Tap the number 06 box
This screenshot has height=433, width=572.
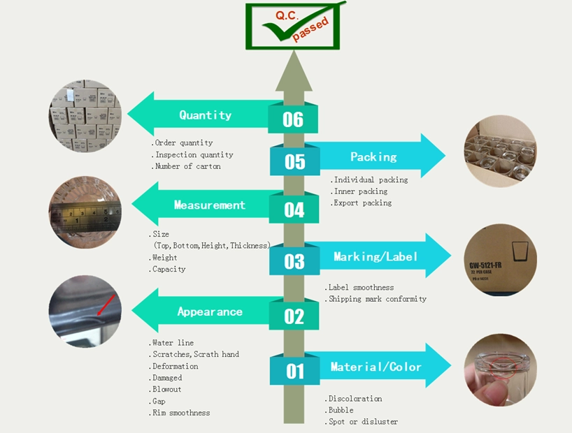(293, 119)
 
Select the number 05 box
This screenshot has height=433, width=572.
(295, 161)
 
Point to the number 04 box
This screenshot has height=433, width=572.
(294, 210)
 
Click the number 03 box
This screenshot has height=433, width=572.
(294, 261)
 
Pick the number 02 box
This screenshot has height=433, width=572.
(294, 316)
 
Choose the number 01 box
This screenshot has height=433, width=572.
(295, 371)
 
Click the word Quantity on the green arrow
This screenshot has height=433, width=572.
(206, 115)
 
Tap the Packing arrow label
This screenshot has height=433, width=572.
(373, 157)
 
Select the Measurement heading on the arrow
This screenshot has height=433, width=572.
(209, 205)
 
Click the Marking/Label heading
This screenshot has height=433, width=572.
(376, 256)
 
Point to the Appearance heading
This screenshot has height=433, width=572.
(210, 311)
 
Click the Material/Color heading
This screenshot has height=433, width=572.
(376, 367)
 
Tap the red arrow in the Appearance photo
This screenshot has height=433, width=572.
(106, 305)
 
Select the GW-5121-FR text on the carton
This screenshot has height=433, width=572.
(485, 265)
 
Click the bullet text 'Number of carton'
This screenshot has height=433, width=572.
(186, 166)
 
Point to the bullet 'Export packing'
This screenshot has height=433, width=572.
(361, 203)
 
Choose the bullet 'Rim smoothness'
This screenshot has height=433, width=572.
(179, 413)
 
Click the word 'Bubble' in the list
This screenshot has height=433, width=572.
(339, 410)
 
